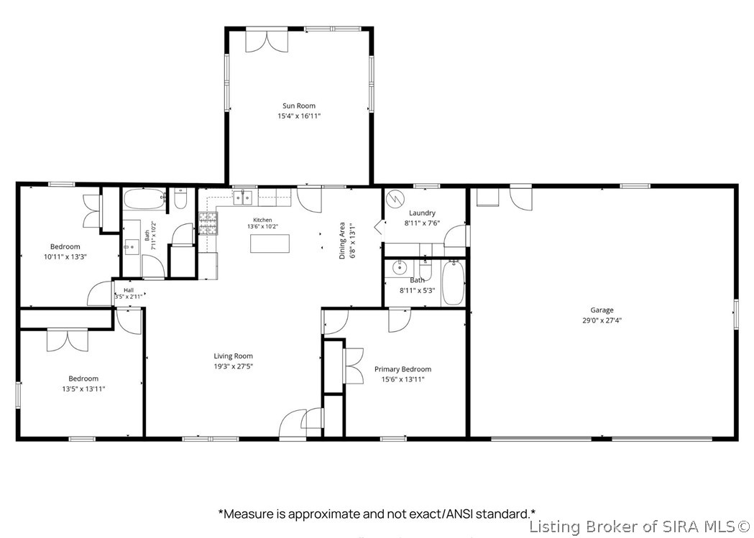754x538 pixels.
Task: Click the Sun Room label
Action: point(298,106)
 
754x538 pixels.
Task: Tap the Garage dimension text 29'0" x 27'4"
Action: point(602,320)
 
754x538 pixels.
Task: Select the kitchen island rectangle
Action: point(270,244)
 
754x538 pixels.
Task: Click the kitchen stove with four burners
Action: point(208,223)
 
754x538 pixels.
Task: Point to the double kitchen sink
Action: point(243,198)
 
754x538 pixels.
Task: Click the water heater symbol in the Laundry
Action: point(396,198)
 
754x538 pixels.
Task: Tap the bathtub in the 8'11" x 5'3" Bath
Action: point(453,282)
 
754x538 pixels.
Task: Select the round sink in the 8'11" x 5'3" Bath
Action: point(399,267)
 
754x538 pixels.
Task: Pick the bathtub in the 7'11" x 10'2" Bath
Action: point(144,200)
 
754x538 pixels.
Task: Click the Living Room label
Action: point(233,356)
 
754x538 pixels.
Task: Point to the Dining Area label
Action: point(342,240)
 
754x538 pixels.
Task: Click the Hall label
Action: point(129,290)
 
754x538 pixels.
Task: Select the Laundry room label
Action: point(422,213)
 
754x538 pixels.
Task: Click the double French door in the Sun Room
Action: point(267,41)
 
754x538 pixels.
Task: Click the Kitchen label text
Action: point(263,220)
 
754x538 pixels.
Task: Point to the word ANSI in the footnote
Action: point(459,514)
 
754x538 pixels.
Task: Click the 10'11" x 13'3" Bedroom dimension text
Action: point(65,257)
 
